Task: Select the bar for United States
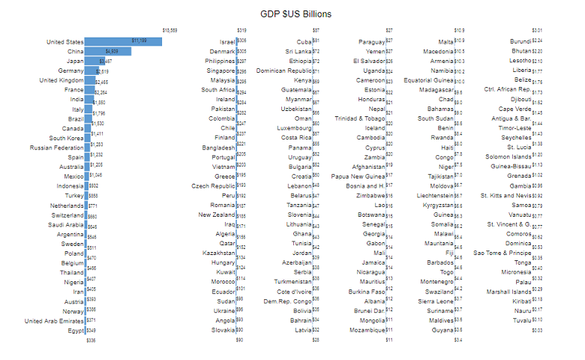coord(124,41)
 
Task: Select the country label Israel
coord(226,41)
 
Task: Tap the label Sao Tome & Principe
coord(502,253)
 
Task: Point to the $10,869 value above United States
coord(169,30)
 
